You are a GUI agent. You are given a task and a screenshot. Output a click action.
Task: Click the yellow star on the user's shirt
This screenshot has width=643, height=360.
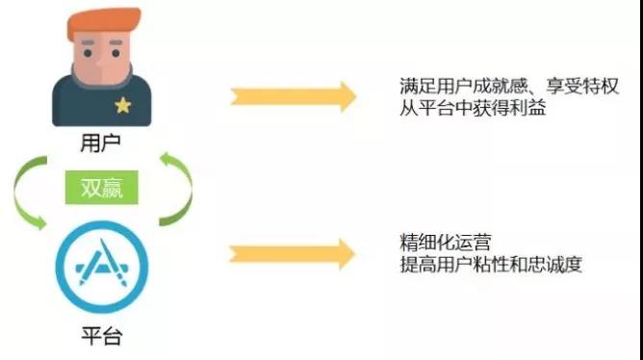point(122,105)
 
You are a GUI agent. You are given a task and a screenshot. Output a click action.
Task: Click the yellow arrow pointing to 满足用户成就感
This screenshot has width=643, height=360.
point(293,97)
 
